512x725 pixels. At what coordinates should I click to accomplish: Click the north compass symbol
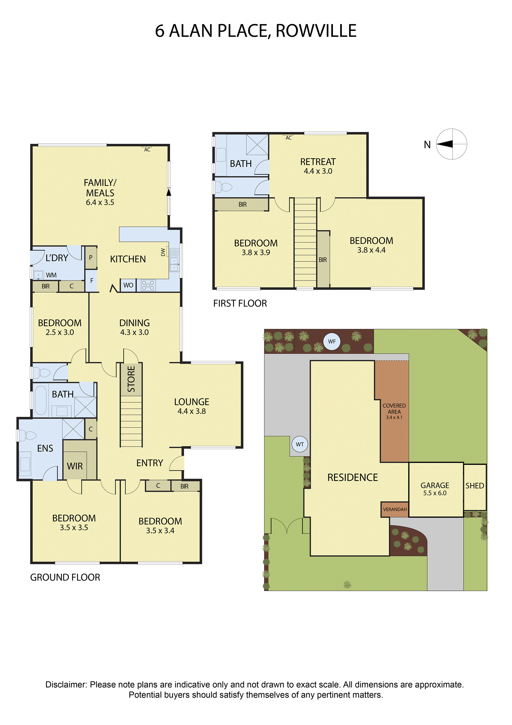[x=451, y=144]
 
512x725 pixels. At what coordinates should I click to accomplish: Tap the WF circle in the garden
[x=332, y=341]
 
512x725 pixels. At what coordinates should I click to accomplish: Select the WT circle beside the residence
[x=300, y=444]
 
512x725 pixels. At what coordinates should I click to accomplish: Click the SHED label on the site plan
[x=475, y=486]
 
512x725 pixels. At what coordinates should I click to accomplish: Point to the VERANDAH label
[x=395, y=509]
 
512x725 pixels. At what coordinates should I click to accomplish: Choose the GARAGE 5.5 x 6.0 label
[x=435, y=489]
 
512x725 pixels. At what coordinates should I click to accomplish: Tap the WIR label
[x=75, y=466]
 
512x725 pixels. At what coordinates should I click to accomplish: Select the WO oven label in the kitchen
[x=128, y=285]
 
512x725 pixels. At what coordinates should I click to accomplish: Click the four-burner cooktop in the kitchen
[x=148, y=285]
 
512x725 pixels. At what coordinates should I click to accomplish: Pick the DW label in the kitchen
[x=163, y=252]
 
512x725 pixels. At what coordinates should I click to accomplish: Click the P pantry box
[x=91, y=257]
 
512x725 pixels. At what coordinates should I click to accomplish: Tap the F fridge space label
[x=92, y=280]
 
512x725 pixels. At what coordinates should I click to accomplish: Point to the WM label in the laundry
[x=51, y=275]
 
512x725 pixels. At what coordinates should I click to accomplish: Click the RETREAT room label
[x=318, y=162]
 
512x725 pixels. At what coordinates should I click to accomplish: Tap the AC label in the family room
[x=147, y=150]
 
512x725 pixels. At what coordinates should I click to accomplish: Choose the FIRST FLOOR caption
[x=240, y=304]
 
